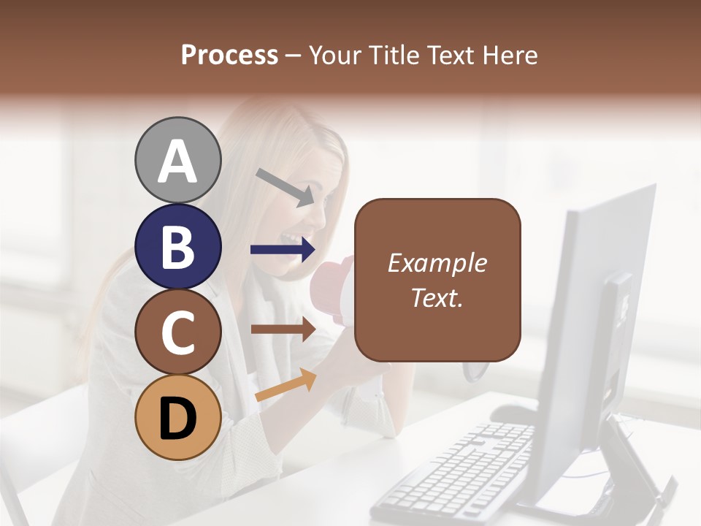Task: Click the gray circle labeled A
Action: coord(177,160)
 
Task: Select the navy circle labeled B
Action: coord(177,246)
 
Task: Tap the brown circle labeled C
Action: coord(177,332)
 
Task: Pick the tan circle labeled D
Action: coord(177,418)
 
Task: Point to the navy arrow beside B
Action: coord(282,250)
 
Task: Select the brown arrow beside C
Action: coord(282,329)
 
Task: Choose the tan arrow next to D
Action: coord(286,384)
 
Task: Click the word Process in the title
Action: coord(229,55)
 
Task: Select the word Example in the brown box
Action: coord(437,263)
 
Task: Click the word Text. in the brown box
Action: coord(437,297)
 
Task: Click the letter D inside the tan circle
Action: coord(177,420)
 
